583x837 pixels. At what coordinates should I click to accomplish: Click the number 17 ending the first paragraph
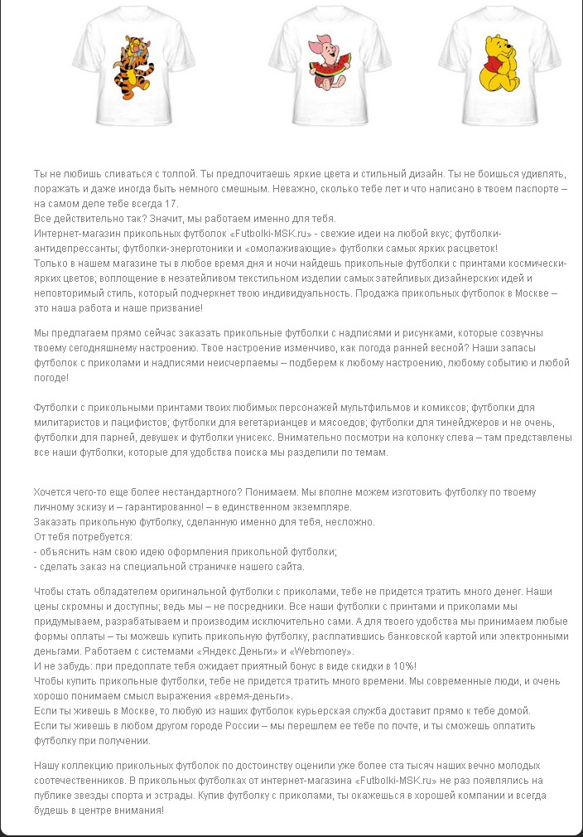tap(171, 203)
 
